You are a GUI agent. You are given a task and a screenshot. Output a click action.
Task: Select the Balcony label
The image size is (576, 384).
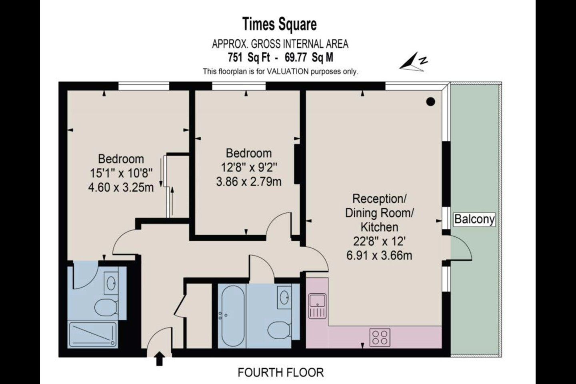[x=474, y=219]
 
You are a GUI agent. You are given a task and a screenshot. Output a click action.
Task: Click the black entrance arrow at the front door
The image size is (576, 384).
[x=160, y=358]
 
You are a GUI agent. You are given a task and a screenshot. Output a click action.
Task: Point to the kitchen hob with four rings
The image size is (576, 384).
[x=380, y=337]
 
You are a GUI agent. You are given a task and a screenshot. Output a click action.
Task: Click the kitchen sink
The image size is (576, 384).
[x=318, y=306]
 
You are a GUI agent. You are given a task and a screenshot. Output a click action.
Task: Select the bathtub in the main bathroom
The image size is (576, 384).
[x=233, y=316]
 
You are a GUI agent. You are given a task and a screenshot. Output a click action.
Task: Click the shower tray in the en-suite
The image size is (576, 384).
[x=93, y=334]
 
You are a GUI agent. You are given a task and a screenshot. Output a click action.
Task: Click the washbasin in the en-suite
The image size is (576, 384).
[x=111, y=283]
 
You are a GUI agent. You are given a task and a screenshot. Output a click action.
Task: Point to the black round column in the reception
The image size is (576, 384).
[x=431, y=102]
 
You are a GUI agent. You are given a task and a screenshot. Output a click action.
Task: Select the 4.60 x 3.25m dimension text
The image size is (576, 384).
[x=121, y=188]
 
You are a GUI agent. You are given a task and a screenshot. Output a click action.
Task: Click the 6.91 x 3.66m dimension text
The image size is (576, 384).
[x=379, y=256]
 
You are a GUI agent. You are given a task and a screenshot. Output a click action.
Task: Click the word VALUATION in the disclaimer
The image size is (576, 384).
[x=288, y=72]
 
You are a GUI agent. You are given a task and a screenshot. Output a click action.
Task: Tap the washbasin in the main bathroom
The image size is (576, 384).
[x=284, y=297]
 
